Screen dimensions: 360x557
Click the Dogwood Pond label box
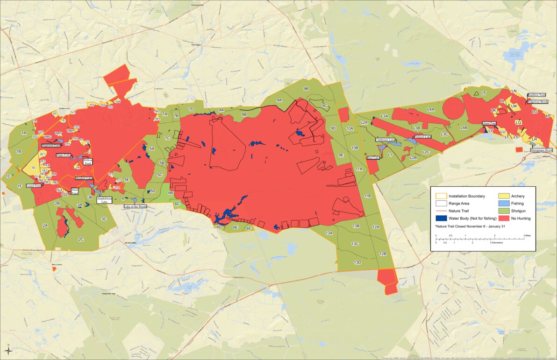tap(51, 145)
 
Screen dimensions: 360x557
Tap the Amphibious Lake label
tap(104, 200)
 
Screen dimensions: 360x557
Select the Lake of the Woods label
tap(135, 206)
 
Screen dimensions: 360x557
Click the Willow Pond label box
tap(88, 162)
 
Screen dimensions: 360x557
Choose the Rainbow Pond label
tap(536, 95)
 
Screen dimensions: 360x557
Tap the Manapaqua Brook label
tap(542, 150)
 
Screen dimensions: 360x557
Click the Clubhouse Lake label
tap(386, 140)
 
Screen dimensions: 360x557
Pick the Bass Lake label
tap(373, 158)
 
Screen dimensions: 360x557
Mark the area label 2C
tap(81, 240)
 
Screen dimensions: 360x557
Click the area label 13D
tap(357, 262)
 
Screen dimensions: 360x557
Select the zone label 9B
tap(306, 88)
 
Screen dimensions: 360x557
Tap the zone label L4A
tap(431, 109)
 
